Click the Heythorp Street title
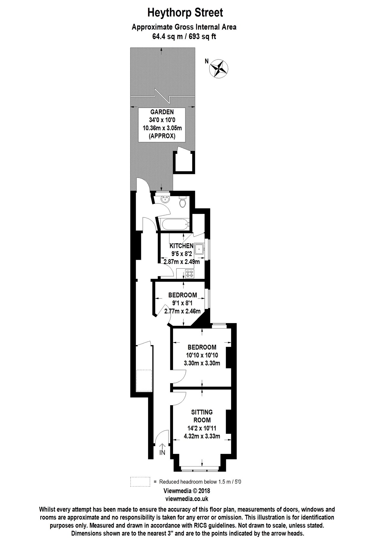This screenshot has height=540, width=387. click(185, 13)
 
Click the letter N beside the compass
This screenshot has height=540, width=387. click(206, 61)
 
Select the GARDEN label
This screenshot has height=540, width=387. click(162, 112)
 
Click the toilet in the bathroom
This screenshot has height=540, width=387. click(182, 202)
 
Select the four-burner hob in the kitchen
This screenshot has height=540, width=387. click(190, 274)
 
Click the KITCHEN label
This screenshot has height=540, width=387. click(181, 246)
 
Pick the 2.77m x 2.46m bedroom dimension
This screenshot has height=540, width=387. click(182, 311)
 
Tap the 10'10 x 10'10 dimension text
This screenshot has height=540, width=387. click(202, 355)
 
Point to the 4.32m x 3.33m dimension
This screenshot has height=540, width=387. click(202, 436)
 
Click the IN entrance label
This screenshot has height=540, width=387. click(162, 453)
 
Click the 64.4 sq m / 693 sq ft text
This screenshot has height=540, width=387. click(184, 37)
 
